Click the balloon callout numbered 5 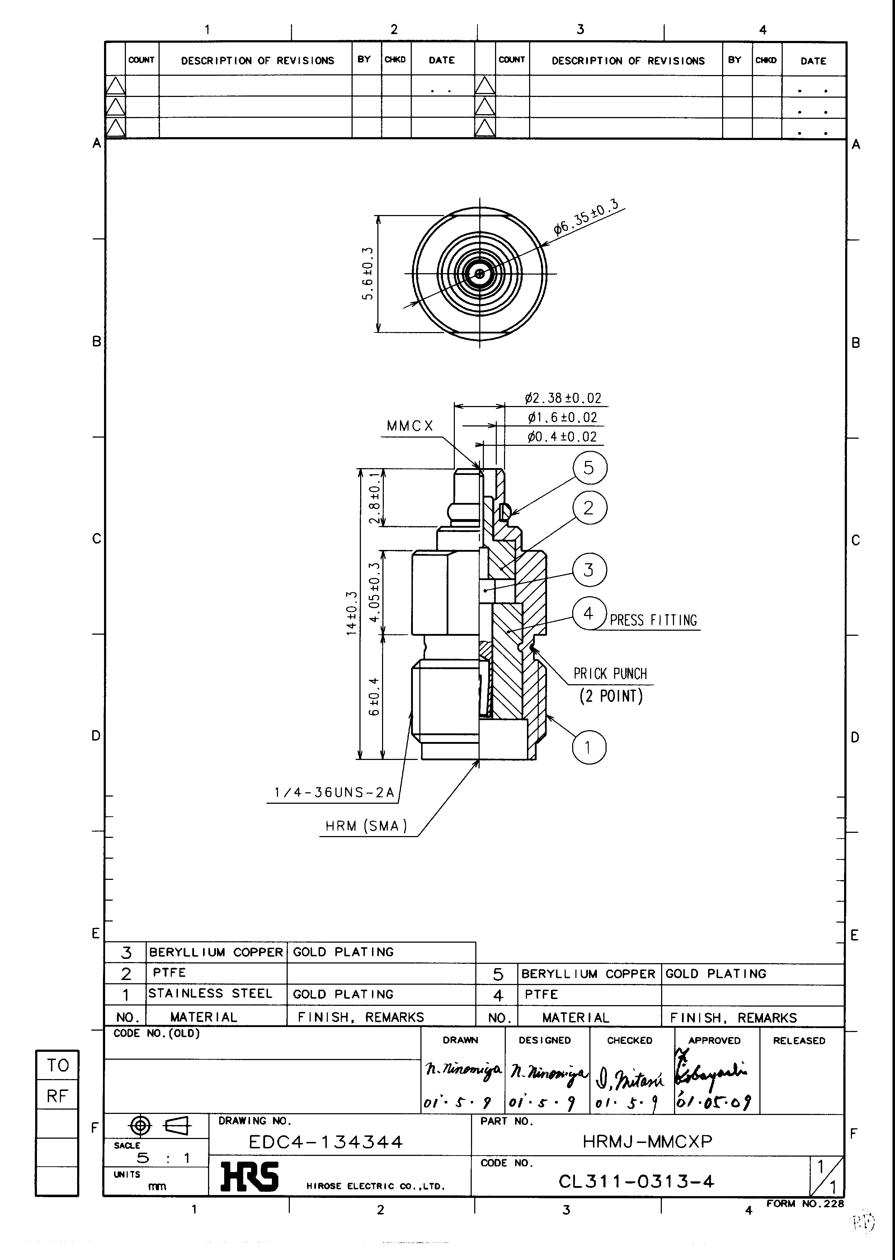click(x=589, y=468)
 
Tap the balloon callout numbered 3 click(x=589, y=570)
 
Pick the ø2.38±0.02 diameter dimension click(x=563, y=398)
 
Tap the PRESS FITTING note click(x=653, y=620)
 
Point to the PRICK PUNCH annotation click(x=610, y=674)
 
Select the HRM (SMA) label click(x=366, y=826)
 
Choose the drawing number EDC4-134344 click(x=326, y=1141)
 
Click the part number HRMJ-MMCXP click(x=647, y=1141)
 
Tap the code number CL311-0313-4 click(x=636, y=1181)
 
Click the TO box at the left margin click(x=57, y=1065)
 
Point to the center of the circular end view click(x=480, y=274)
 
